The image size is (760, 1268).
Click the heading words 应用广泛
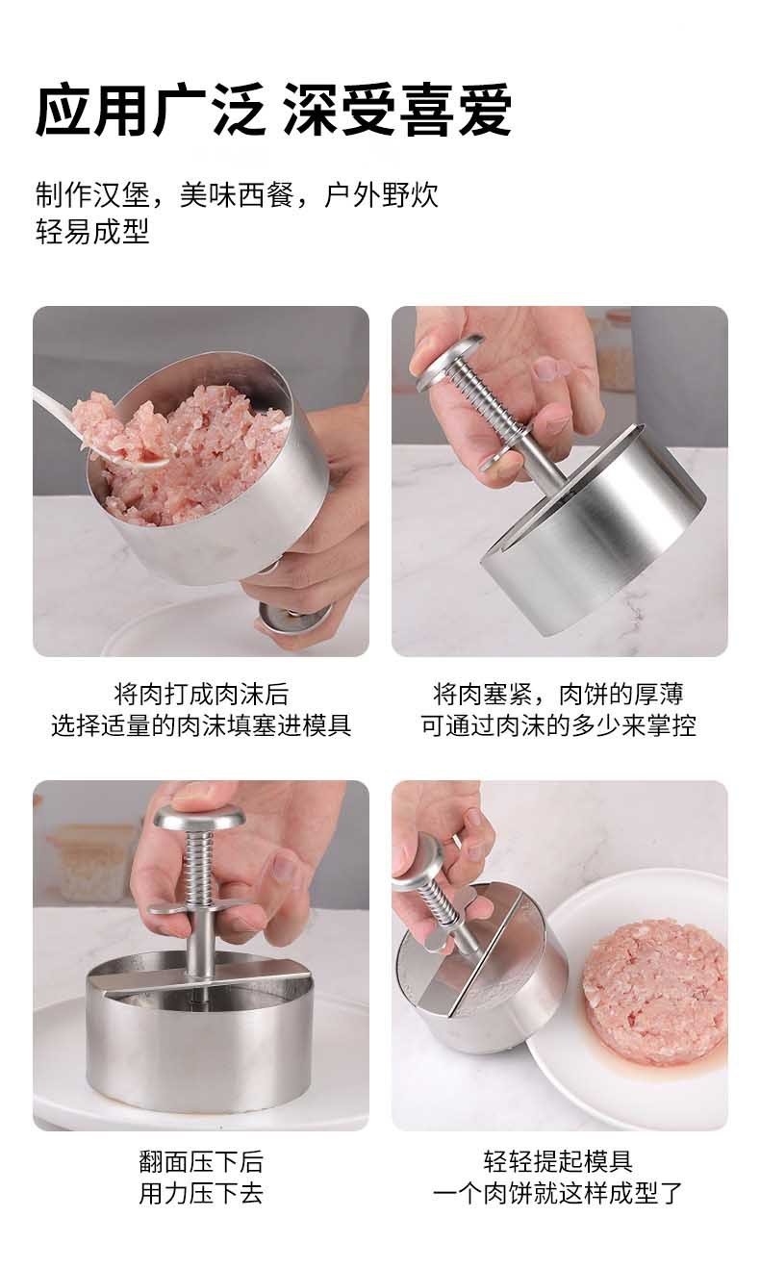pyautogui.click(x=150, y=110)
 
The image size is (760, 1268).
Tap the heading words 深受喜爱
pyautogui.click(x=397, y=110)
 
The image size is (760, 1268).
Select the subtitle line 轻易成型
pyautogui.click(x=92, y=231)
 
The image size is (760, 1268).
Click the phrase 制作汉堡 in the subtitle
pyautogui.click(x=92, y=194)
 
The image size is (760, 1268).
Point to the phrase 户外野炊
pyautogui.click(x=381, y=194)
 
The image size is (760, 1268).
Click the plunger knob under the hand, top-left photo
pyautogui.click(x=293, y=618)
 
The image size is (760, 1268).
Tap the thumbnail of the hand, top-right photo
pyautogui.click(x=545, y=370)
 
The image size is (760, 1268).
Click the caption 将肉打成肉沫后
pyautogui.click(x=201, y=695)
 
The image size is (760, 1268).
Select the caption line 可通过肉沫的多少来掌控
pyautogui.click(x=558, y=725)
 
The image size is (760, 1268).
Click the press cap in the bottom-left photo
pyautogui.click(x=200, y=818)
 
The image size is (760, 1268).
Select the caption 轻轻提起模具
pyautogui.click(x=558, y=1161)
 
